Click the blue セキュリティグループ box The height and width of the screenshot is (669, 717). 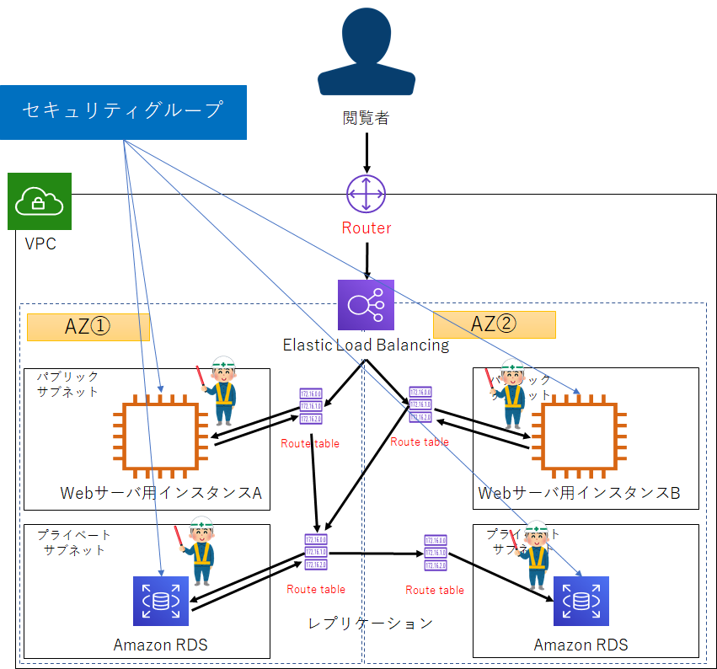click(x=123, y=111)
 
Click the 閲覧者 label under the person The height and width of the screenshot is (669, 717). click(x=366, y=119)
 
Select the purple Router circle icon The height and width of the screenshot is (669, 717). click(x=366, y=195)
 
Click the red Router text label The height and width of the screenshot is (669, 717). click(x=366, y=227)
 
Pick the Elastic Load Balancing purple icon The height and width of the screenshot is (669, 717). click(x=366, y=305)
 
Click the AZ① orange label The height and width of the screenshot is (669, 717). click(x=88, y=327)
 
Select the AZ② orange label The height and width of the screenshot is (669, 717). click(x=494, y=324)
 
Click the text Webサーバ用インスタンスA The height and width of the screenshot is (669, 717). click(x=161, y=493)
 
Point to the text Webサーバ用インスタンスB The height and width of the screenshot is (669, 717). click(x=579, y=493)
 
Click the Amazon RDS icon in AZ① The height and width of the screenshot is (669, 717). click(x=161, y=601)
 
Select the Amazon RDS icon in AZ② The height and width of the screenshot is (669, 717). click(x=581, y=601)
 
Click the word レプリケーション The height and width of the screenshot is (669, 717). click(x=370, y=623)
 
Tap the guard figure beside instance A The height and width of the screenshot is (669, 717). click(x=222, y=389)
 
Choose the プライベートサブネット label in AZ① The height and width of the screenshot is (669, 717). click(x=74, y=543)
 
